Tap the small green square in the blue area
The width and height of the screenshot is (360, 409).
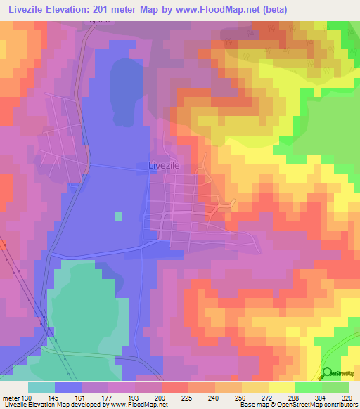118,216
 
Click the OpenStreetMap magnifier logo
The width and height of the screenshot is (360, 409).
327,374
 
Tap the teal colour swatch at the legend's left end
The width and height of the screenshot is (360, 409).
41,387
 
